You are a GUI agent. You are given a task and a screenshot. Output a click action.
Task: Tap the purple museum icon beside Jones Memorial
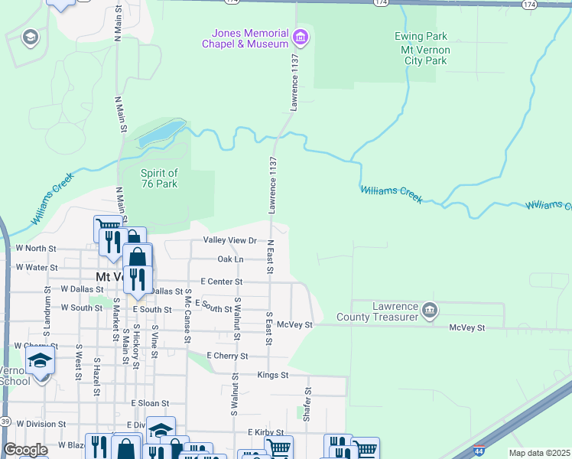(301, 36)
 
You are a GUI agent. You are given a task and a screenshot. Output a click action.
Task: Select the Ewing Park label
(420, 36)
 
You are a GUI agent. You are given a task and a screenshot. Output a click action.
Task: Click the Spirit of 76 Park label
(159, 178)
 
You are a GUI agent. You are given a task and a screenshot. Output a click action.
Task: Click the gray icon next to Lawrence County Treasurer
(430, 311)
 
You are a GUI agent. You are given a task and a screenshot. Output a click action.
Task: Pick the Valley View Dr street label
(229, 240)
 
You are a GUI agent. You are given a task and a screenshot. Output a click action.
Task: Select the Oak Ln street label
(230, 259)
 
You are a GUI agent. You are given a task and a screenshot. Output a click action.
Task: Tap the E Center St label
(221, 282)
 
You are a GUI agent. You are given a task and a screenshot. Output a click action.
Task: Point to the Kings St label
(272, 376)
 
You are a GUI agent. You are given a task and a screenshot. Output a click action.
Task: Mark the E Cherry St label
(228, 356)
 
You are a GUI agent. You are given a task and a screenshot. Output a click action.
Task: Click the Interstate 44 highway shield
(479, 451)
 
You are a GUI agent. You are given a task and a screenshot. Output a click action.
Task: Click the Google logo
(25, 449)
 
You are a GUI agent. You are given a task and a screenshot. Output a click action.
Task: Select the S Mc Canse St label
(188, 322)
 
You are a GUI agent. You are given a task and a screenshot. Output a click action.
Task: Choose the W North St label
(36, 249)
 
